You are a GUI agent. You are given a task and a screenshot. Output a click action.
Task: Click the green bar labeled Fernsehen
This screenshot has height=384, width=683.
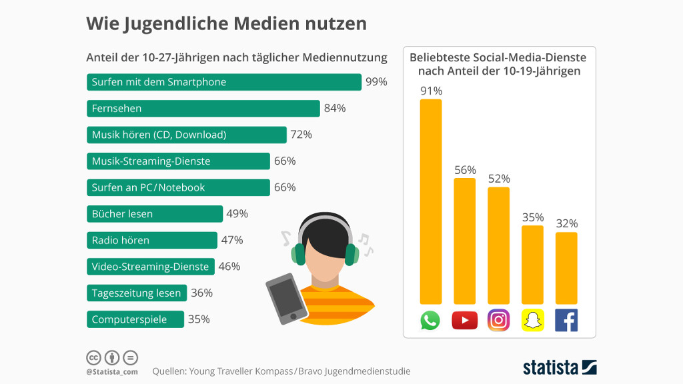pyautogui.click(x=203, y=108)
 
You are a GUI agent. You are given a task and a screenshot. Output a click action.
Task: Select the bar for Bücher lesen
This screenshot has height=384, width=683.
pyautogui.click(x=154, y=213)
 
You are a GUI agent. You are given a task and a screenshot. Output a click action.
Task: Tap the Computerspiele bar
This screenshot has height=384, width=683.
pyautogui.click(x=135, y=319)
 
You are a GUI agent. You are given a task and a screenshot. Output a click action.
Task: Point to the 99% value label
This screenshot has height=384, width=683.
pyautogui.click(x=376, y=82)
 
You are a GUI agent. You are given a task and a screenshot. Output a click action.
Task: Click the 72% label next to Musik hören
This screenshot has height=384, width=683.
pyautogui.click(x=301, y=135)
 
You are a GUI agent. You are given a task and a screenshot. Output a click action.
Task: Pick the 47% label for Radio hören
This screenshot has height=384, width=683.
pyautogui.click(x=232, y=240)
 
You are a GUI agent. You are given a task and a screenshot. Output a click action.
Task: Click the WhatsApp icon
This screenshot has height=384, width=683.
pyautogui.click(x=430, y=321)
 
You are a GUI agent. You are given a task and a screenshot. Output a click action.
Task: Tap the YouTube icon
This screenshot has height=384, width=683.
pyautogui.click(x=464, y=321)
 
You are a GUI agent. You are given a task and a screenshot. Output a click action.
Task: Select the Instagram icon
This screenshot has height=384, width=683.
pyautogui.click(x=498, y=321)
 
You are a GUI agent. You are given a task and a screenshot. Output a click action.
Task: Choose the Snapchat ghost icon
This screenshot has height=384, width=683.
pyautogui.click(x=532, y=321)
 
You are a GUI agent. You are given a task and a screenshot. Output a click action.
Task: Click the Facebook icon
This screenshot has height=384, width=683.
pyautogui.click(x=566, y=321)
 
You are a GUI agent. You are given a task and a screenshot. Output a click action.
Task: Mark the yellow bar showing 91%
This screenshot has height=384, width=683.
pyautogui.click(x=430, y=200)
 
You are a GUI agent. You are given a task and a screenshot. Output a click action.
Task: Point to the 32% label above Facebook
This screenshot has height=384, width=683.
pyautogui.click(x=566, y=223)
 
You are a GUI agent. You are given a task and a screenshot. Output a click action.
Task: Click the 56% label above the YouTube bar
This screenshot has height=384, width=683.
pyautogui.click(x=465, y=170)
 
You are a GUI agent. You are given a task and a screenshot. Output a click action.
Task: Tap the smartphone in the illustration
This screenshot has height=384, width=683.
pyautogui.click(x=286, y=299)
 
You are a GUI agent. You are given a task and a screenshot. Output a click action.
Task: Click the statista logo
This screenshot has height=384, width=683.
pyautogui.click(x=560, y=367)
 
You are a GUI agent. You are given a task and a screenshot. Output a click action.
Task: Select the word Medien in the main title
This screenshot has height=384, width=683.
pyautogui.click(x=266, y=23)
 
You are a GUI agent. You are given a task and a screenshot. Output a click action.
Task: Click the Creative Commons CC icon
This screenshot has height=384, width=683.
pyautogui.click(x=93, y=357)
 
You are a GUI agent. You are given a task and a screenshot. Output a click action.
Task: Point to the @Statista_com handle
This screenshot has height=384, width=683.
pyautogui.click(x=111, y=372)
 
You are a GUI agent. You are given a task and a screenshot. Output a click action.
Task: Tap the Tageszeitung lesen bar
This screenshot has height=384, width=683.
pyautogui.click(x=136, y=293)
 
